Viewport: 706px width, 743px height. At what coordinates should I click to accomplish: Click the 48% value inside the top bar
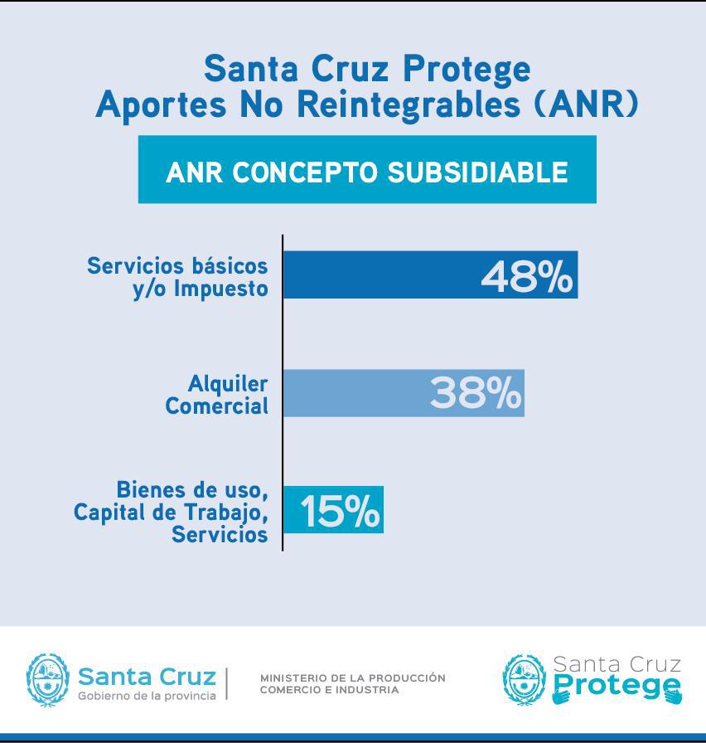[x=526, y=276]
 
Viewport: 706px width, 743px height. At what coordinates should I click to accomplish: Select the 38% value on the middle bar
[x=476, y=393]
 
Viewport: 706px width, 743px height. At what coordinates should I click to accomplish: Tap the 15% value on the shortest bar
[x=340, y=512]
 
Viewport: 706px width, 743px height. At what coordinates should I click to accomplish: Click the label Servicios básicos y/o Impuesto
[x=178, y=277]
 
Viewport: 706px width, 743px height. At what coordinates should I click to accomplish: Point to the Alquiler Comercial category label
[x=217, y=395]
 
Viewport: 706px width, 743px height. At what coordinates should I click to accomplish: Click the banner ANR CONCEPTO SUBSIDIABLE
[x=367, y=171]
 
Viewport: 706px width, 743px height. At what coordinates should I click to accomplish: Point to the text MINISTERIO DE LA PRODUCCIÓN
[x=352, y=677]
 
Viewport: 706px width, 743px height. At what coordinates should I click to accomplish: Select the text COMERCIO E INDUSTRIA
[x=329, y=690]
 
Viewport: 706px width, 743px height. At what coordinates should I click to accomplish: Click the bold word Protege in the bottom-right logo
[x=617, y=687]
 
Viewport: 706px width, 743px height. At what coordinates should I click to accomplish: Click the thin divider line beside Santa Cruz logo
[x=227, y=682]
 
